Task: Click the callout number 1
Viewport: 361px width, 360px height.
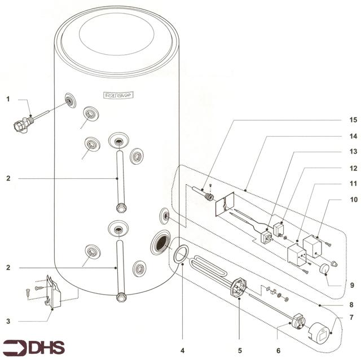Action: pos(8,99)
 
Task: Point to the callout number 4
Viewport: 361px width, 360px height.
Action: pos(182,350)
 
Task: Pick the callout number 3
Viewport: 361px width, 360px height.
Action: pos(8,321)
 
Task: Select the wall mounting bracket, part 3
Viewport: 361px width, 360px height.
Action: pos(54,294)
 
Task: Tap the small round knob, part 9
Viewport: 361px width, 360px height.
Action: pos(325,269)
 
